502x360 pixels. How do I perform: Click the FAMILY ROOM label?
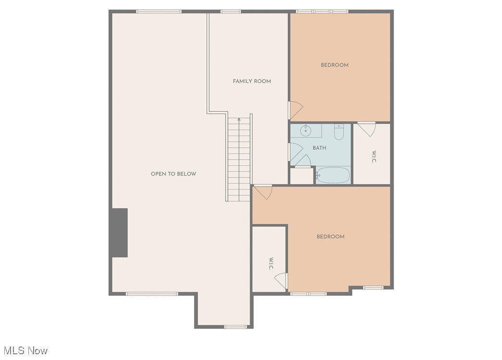[252, 81]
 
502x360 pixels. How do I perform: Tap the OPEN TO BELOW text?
[173, 174]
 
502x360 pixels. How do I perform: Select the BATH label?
[319, 148]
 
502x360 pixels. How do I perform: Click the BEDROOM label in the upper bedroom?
[335, 65]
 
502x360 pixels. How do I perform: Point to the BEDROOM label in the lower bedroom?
[330, 237]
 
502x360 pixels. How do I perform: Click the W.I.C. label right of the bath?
[373, 157]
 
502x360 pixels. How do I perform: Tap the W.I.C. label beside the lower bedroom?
[271, 264]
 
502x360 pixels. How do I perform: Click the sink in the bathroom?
[305, 130]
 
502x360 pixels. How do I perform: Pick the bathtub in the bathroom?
[333, 175]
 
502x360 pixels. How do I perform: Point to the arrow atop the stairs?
[239, 120]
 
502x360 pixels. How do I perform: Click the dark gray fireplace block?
[120, 233]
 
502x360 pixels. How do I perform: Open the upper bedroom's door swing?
[295, 110]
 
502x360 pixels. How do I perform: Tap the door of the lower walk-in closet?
[282, 280]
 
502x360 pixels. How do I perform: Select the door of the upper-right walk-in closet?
[366, 129]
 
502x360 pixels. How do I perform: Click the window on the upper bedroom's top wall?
[322, 11]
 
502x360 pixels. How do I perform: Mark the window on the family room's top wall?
[230, 11]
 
